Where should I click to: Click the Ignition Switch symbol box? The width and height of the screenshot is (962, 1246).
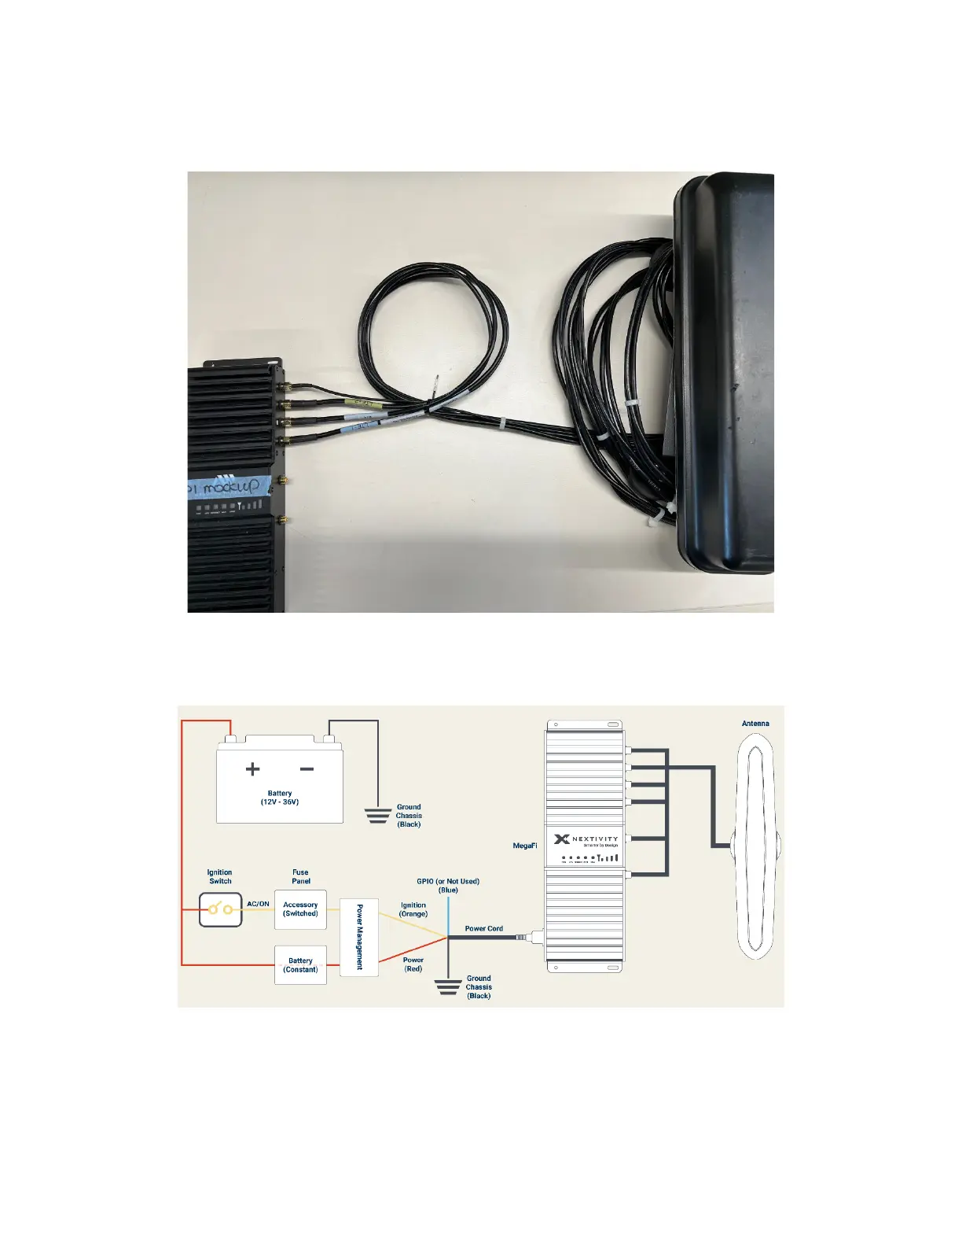pyautogui.click(x=220, y=909)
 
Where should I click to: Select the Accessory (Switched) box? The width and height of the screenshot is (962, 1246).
pyautogui.click(x=300, y=909)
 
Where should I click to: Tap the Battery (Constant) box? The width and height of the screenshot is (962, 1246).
pyautogui.click(x=300, y=965)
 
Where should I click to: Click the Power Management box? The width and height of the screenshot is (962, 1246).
pyautogui.click(x=359, y=937)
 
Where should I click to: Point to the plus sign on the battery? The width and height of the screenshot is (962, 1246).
pyautogui.click(x=252, y=769)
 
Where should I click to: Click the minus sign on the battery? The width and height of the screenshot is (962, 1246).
pyautogui.click(x=307, y=769)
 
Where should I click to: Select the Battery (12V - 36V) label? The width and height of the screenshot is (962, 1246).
pyautogui.click(x=280, y=798)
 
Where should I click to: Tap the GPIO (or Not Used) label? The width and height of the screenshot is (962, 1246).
pyautogui.click(x=448, y=886)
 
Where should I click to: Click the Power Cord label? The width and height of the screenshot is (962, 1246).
pyautogui.click(x=483, y=928)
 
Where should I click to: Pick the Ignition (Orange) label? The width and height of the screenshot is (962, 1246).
pyautogui.click(x=413, y=909)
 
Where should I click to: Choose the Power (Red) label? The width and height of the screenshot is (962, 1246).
pyautogui.click(x=413, y=964)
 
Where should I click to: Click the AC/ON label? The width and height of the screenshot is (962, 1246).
pyautogui.click(x=258, y=904)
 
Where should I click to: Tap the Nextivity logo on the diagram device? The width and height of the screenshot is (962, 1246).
pyautogui.click(x=586, y=839)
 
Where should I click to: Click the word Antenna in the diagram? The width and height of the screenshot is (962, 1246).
pyautogui.click(x=755, y=723)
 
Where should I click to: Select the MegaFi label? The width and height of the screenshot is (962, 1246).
pyautogui.click(x=524, y=846)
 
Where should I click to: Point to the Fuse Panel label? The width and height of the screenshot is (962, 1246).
pyautogui.click(x=300, y=876)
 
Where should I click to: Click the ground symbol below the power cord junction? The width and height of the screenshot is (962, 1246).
pyautogui.click(x=448, y=987)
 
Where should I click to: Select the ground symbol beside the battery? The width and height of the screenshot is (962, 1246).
pyautogui.click(x=378, y=815)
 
